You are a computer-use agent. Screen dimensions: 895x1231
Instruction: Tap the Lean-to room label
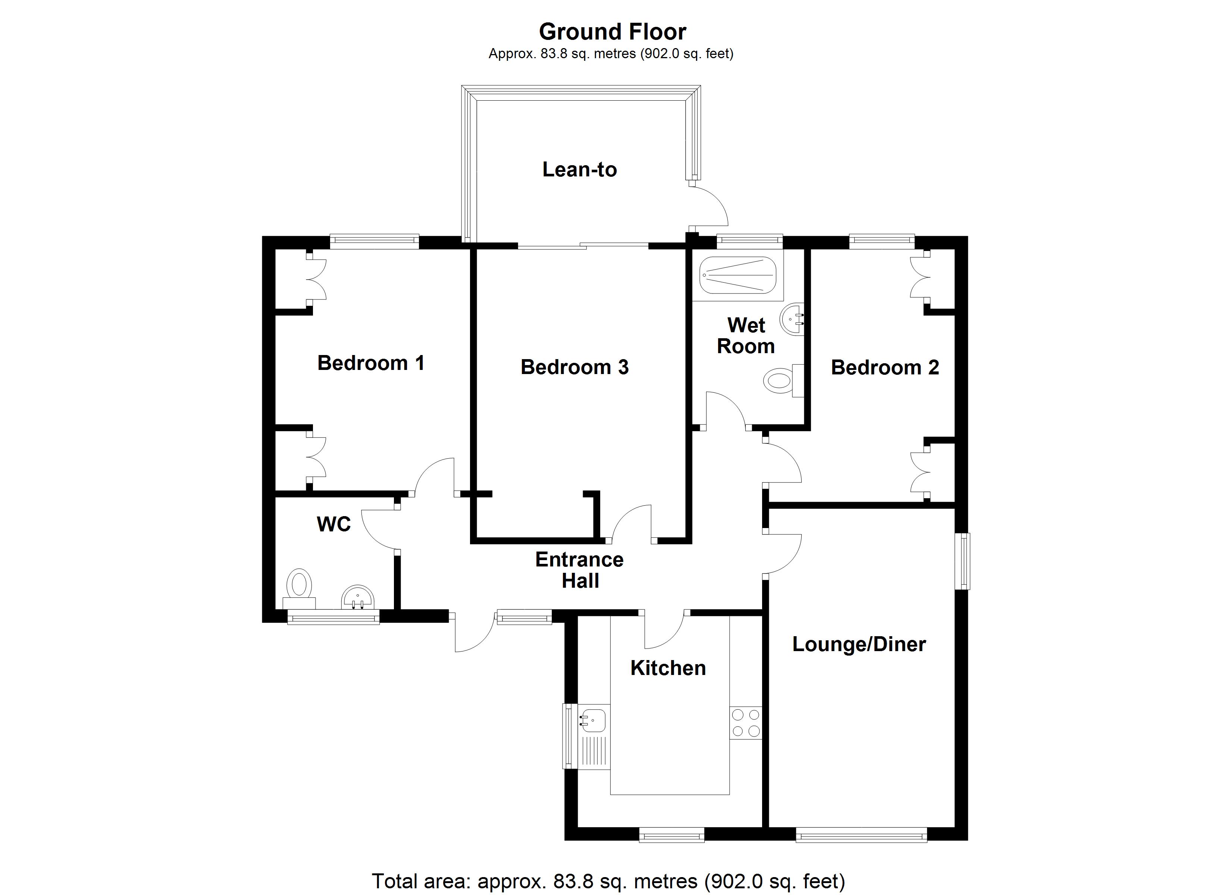pos(579,170)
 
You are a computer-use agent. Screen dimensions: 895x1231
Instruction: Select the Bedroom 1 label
pos(371,363)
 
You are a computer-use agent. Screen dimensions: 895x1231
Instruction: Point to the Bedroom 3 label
pos(574,367)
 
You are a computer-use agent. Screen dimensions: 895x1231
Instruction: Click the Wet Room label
pos(746,336)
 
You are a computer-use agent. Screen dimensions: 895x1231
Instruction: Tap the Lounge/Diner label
pos(859,644)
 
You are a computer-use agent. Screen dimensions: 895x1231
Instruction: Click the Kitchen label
pos(668,668)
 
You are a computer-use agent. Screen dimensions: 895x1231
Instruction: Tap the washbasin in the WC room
pos(358,598)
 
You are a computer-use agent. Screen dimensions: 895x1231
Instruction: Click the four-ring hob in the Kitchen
pos(746,723)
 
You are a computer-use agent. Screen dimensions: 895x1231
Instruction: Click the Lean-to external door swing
pos(711,206)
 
